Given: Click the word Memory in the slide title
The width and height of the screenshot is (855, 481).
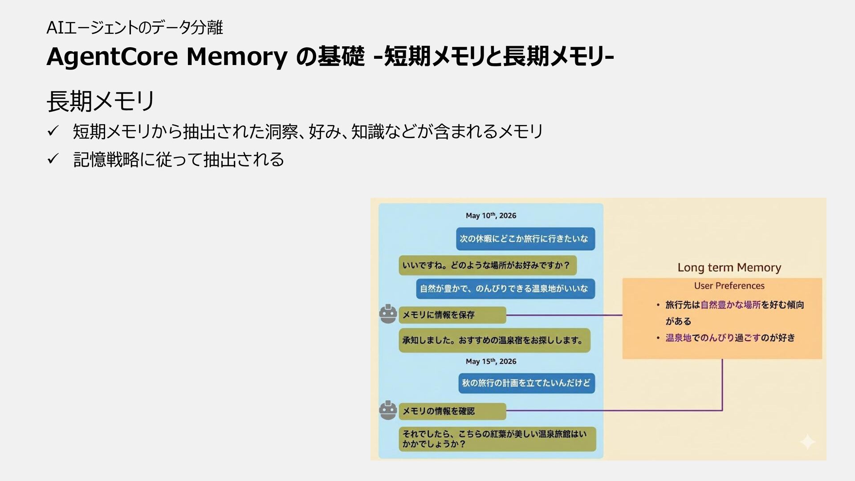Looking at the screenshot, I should pos(236,57).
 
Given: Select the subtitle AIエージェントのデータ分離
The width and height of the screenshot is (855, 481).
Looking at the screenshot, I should pos(134,28).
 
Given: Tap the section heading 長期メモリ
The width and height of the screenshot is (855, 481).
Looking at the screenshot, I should pos(101,101).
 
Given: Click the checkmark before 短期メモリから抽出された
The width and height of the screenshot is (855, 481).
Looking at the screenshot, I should pos(53,131).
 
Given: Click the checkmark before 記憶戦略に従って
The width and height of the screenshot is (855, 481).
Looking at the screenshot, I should pos(53,159).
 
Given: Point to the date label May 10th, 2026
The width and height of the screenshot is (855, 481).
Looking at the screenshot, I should pos(491,216).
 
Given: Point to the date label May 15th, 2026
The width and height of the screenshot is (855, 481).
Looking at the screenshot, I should pos(491,361).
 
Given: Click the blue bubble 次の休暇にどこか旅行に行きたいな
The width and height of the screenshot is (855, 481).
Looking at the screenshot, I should pos(525,239).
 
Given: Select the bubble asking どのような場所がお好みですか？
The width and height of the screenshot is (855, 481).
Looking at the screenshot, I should pos(487,265).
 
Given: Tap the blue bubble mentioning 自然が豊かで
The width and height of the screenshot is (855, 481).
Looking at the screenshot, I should pos(505,289).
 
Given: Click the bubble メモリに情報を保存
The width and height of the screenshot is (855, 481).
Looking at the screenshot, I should pos(452,315).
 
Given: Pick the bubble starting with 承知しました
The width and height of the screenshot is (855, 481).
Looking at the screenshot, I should pos(494,340).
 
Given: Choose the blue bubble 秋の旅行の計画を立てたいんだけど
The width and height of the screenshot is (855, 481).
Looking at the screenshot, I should pos(526,383).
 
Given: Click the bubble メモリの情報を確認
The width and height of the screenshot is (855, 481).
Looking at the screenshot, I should pos(452,411).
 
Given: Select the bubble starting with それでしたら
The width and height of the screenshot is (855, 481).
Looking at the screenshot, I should pos(497,439).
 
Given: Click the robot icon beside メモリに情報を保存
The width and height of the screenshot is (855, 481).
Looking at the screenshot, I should pos(388,314).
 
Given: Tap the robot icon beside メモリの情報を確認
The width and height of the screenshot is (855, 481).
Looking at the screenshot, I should pos(388,410).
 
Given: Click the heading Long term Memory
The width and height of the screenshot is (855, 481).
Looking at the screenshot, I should pos(729,267).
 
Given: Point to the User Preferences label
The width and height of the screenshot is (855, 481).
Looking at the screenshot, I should pos(729,286).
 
